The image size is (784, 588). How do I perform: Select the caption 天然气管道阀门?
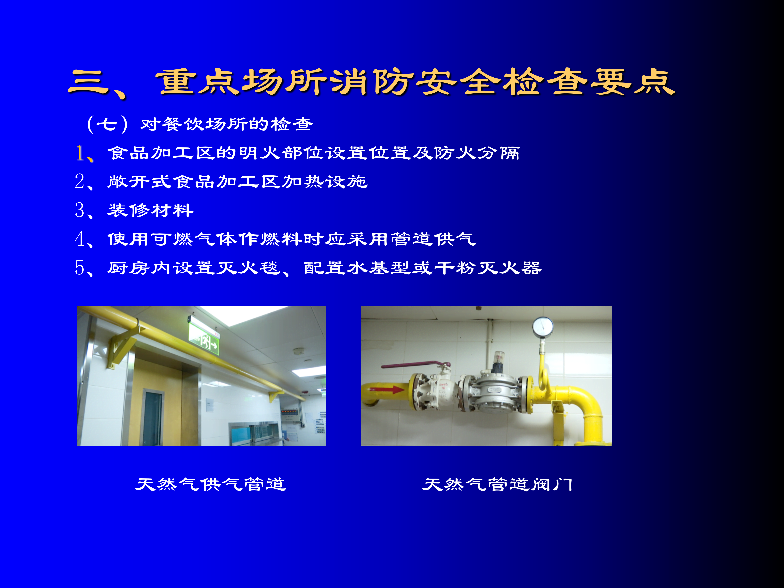(x=497, y=484)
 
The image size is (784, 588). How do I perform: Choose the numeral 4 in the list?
(x=80, y=239)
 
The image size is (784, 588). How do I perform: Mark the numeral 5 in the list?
(x=80, y=268)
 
